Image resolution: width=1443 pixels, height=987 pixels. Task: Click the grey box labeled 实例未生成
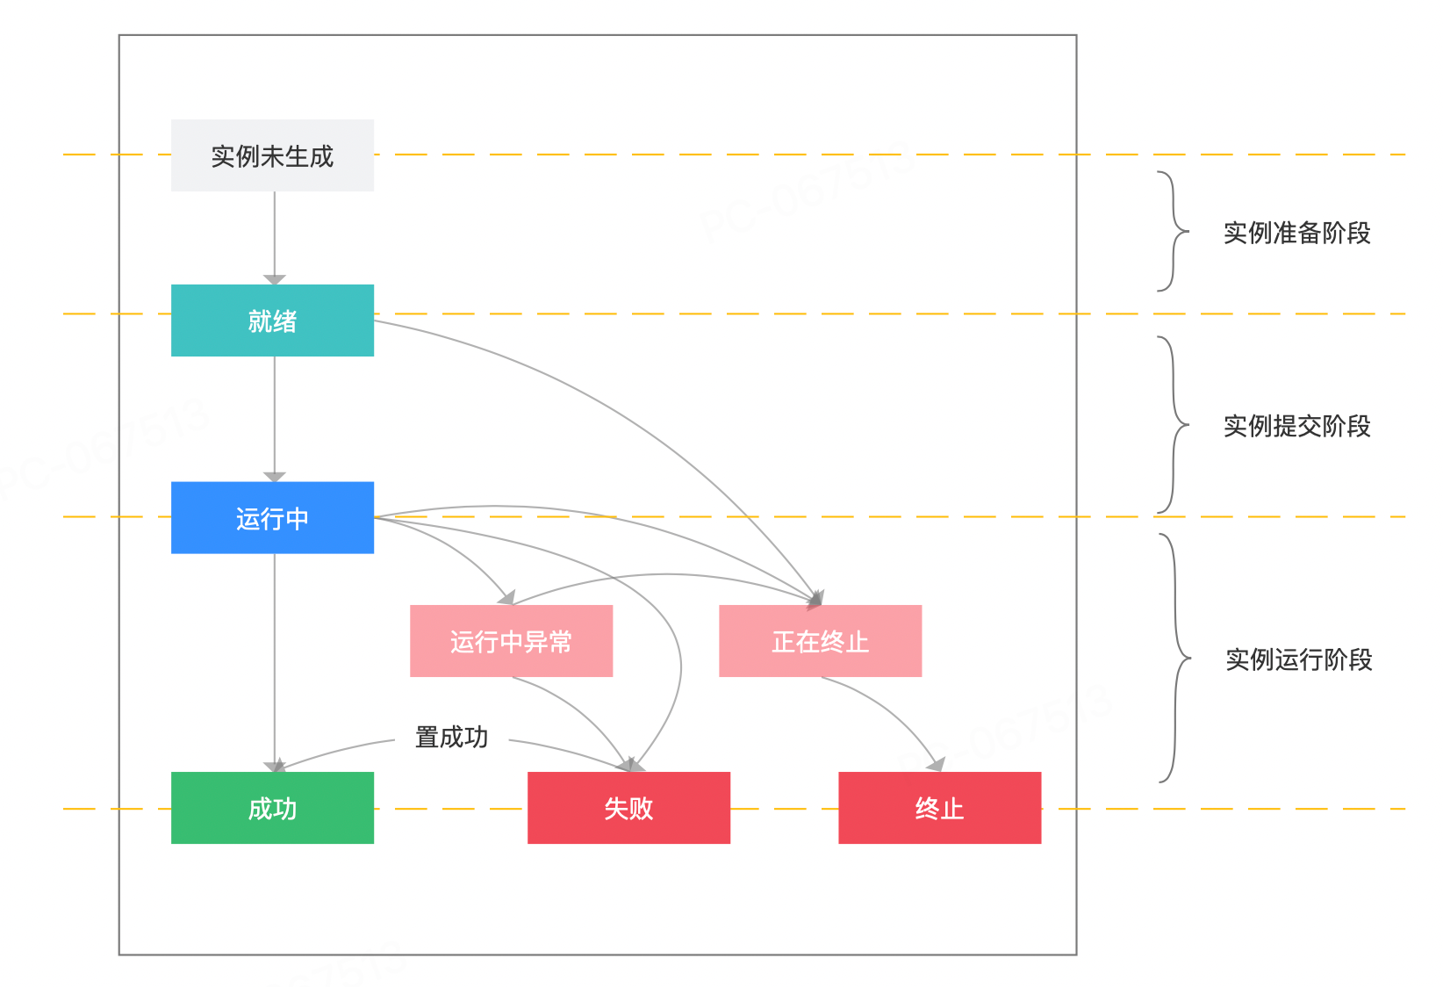pyautogui.click(x=272, y=155)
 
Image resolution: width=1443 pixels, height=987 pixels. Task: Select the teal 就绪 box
pyautogui.click(x=272, y=321)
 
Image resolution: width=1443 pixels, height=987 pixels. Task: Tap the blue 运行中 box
pyautogui.click(x=272, y=518)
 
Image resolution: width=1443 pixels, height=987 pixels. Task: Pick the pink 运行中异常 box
pyautogui.click(x=511, y=641)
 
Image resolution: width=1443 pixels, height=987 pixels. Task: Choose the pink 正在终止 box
pyautogui.click(x=820, y=641)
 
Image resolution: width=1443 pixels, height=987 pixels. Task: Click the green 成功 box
pyautogui.click(x=272, y=808)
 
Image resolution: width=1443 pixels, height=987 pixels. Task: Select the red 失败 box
pyautogui.click(x=628, y=808)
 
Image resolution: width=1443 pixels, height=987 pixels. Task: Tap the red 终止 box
pyautogui.click(x=939, y=808)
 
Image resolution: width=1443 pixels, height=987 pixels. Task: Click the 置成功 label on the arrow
pyautogui.click(x=451, y=737)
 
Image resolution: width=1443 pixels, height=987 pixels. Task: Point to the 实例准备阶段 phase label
pyautogui.click(x=1296, y=233)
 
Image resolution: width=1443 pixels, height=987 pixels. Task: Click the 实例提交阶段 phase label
pyautogui.click(x=1296, y=426)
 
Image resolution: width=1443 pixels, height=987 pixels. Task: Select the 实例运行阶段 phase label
pyautogui.click(x=1298, y=659)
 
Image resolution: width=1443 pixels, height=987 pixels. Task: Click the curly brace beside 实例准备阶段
pyautogui.click(x=1173, y=232)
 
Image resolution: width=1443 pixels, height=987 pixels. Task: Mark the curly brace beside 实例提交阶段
pyautogui.click(x=1173, y=425)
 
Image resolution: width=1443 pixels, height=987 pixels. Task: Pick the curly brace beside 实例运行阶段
pyautogui.click(x=1174, y=658)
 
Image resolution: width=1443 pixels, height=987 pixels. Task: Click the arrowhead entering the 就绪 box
pyautogui.click(x=275, y=279)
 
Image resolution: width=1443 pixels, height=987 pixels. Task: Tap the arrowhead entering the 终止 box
pyautogui.click(x=937, y=765)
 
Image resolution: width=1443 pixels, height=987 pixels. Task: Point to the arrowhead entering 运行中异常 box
pyautogui.click(x=506, y=598)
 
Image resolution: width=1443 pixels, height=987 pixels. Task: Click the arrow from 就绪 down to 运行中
pyautogui.click(x=275, y=417)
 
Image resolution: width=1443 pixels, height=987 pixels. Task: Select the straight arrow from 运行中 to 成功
pyautogui.click(x=275, y=659)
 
